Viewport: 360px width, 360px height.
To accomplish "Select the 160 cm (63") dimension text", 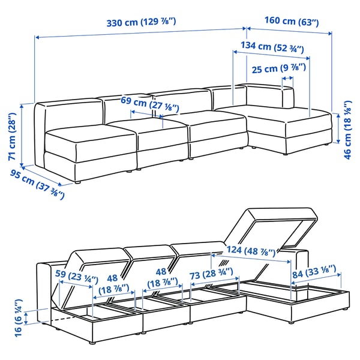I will point(291,22).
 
